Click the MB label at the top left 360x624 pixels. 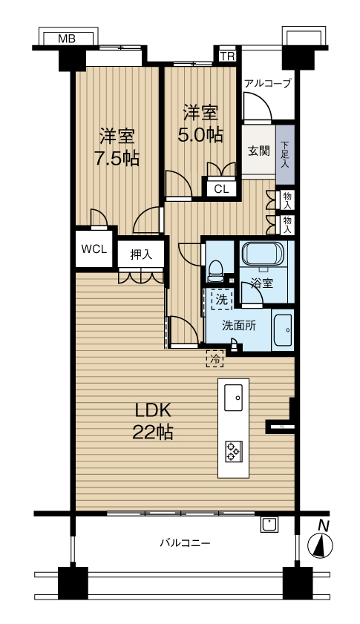(67, 39)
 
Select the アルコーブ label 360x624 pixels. (267, 83)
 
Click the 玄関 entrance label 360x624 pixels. (259, 151)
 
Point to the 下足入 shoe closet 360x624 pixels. (284, 154)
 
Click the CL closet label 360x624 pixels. (221, 189)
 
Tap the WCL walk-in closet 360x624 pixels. (94, 249)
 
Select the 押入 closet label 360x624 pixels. (141, 254)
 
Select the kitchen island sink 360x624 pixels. (233, 397)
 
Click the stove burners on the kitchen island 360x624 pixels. (233, 451)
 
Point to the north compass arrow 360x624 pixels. (321, 545)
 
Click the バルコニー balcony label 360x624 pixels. (185, 542)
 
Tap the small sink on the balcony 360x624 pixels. (269, 524)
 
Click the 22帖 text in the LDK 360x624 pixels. (152, 431)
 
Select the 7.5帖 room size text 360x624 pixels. (117, 158)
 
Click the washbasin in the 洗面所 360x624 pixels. (283, 330)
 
